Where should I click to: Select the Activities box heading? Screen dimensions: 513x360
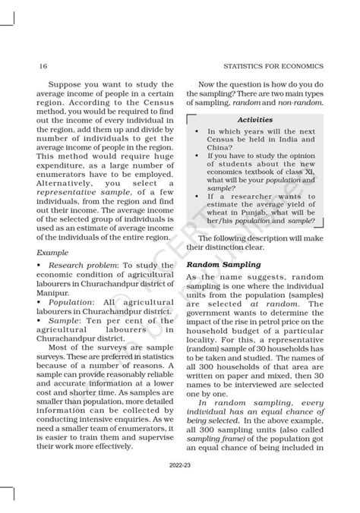point(255,120)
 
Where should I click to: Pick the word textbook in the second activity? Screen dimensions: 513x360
point(264,169)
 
